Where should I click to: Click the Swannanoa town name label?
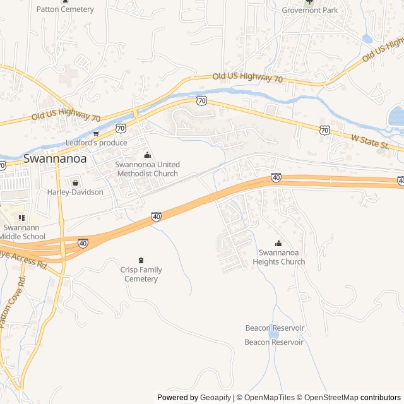[55, 159]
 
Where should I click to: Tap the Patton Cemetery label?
[65, 9]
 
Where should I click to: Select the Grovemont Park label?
[309, 10]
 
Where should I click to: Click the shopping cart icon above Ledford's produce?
[96, 133]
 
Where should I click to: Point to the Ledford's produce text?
[96, 143]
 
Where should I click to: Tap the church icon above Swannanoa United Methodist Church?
[147, 155]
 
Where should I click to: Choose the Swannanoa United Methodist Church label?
[146, 169]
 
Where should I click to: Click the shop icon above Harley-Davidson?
[75, 182]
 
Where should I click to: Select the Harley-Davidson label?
[75, 192]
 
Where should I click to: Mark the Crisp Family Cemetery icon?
[141, 260]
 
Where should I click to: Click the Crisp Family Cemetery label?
[141, 275]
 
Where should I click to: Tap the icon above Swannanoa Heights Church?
[278, 244]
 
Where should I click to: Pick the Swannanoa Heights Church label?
[278, 258]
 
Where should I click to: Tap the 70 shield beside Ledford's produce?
[121, 128]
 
